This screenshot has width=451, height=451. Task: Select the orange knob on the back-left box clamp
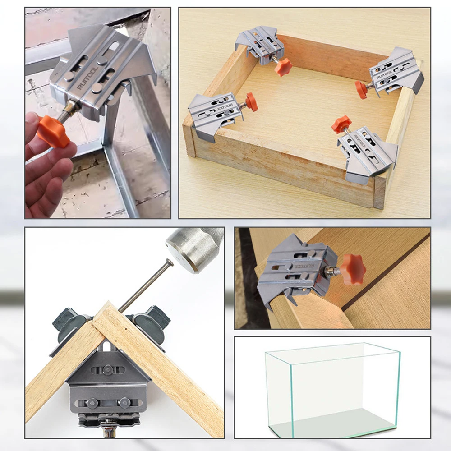tap(283, 67)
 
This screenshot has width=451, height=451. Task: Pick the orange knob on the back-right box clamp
tap(362, 89)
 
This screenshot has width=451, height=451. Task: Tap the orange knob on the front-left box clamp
tap(251, 102)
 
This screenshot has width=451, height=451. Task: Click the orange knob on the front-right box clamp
tap(341, 124)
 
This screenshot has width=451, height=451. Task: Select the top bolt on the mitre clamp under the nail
tap(107, 370)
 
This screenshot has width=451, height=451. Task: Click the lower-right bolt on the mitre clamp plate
tap(124, 402)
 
